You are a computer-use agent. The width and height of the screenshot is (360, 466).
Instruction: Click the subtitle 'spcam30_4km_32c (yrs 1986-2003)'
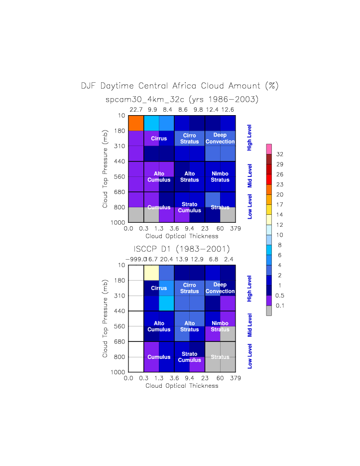[182, 99]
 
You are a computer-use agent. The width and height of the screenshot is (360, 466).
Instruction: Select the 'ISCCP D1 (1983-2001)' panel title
[181, 249]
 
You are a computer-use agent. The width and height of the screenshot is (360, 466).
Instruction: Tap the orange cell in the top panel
[136, 123]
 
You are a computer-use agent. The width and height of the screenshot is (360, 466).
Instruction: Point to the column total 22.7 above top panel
[136, 109]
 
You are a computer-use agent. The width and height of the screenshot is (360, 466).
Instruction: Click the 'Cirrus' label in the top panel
[159, 139]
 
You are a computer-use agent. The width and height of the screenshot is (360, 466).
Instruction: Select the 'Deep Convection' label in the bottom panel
[220, 288]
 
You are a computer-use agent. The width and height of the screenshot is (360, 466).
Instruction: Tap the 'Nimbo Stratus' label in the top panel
[220, 177]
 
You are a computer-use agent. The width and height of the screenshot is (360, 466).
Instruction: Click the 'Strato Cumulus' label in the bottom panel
[190, 357]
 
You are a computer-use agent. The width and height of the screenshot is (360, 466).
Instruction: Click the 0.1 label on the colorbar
[280, 306]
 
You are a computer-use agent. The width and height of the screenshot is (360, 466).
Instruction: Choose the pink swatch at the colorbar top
[269, 149]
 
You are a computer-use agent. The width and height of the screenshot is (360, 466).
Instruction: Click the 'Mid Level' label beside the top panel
[250, 176]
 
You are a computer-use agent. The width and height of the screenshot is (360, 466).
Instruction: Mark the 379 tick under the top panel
[236, 229]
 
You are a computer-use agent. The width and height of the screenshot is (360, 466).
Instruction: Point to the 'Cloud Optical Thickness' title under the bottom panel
[182, 386]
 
